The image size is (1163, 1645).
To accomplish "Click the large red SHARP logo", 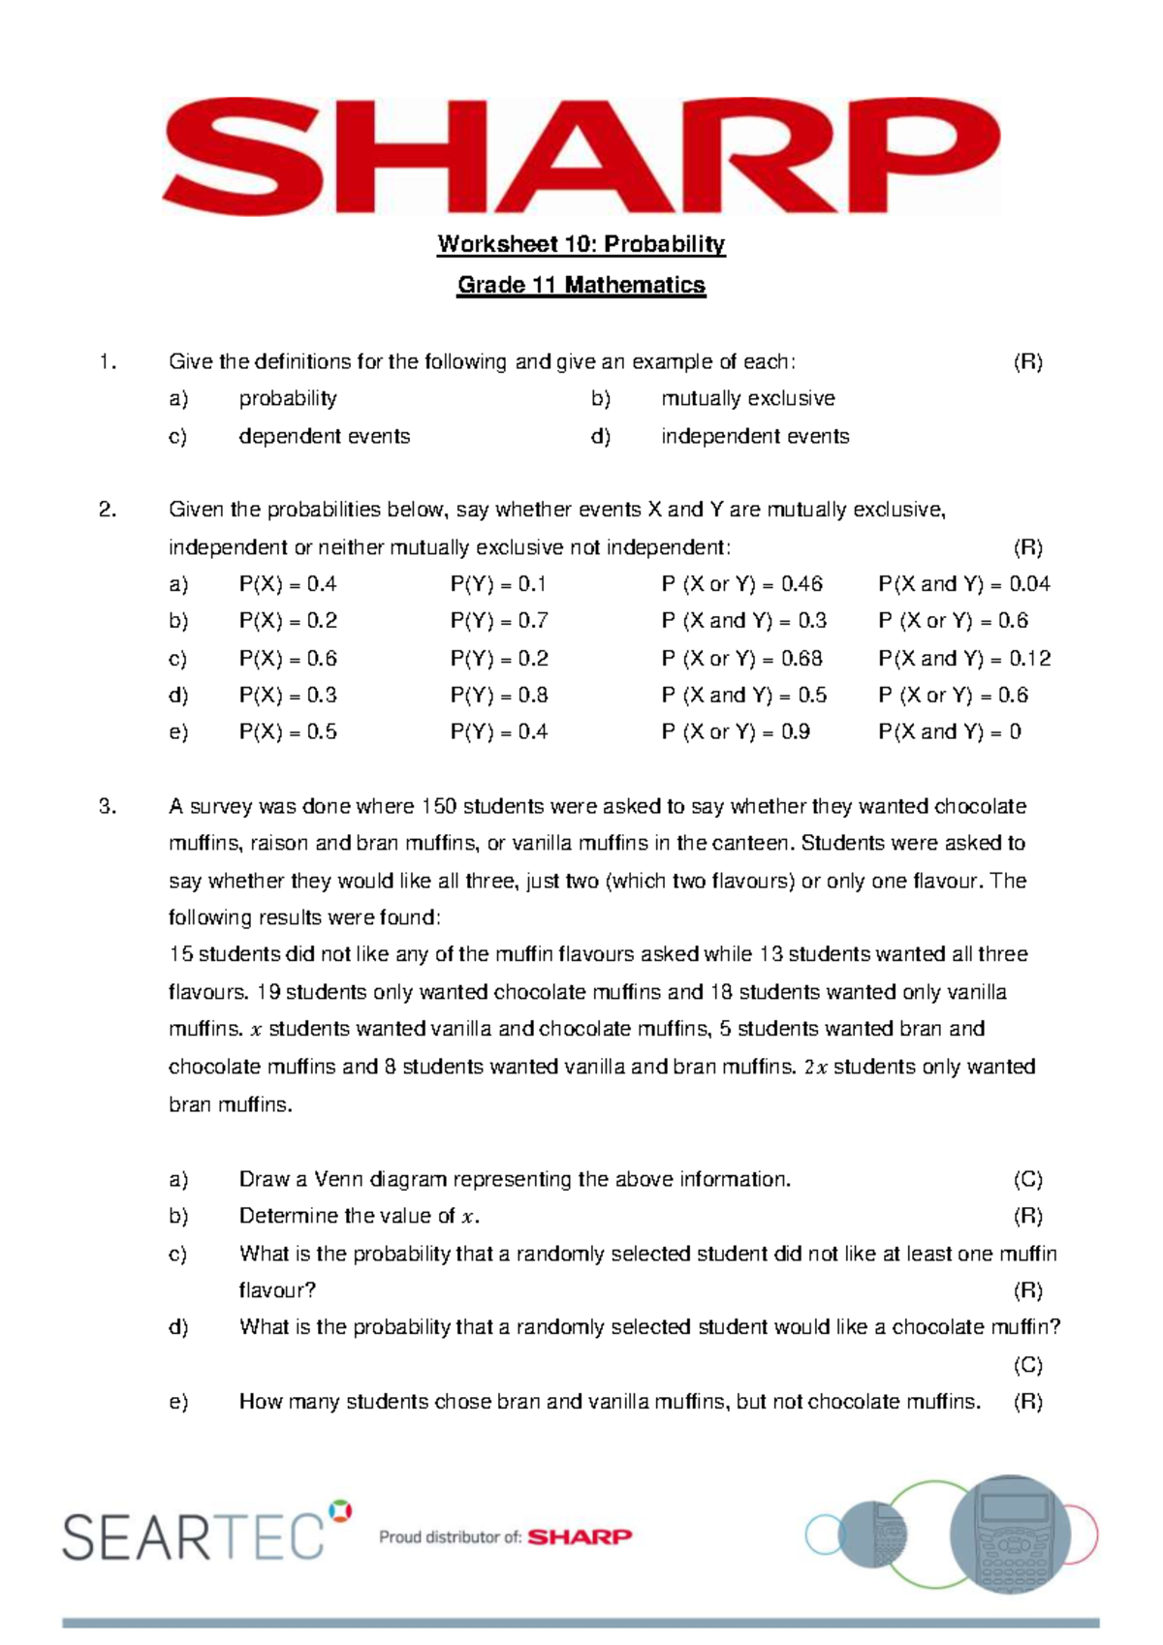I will pyautogui.click(x=581, y=155).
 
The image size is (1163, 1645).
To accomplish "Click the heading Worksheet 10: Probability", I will pyautogui.click(x=581, y=244).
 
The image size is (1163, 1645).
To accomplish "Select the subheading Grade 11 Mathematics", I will pyautogui.click(x=581, y=285).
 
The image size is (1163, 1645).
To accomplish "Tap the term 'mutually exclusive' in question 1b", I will pyautogui.click(x=747, y=398).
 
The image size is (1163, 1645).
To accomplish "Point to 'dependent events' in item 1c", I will pyautogui.click(x=324, y=436).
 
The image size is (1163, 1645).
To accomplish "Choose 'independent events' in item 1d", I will pyautogui.click(x=755, y=436).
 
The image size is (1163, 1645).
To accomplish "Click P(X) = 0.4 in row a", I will pyautogui.click(x=288, y=584).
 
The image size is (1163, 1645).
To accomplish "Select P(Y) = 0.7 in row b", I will pyautogui.click(x=499, y=621).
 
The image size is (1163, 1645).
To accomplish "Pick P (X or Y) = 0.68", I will pyautogui.click(x=741, y=659).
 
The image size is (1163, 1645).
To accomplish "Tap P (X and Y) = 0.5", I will pyautogui.click(x=743, y=696).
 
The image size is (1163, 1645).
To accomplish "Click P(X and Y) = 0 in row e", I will pyautogui.click(x=949, y=732).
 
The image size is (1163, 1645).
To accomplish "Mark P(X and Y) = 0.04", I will pyautogui.click(x=963, y=584).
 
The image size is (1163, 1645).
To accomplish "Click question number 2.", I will pyautogui.click(x=108, y=510).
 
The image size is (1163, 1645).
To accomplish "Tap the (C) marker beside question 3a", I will pyautogui.click(x=1027, y=1179).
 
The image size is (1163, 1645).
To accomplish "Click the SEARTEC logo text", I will pyautogui.click(x=194, y=1536).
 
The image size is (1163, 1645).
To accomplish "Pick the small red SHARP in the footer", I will pyautogui.click(x=580, y=1536).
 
